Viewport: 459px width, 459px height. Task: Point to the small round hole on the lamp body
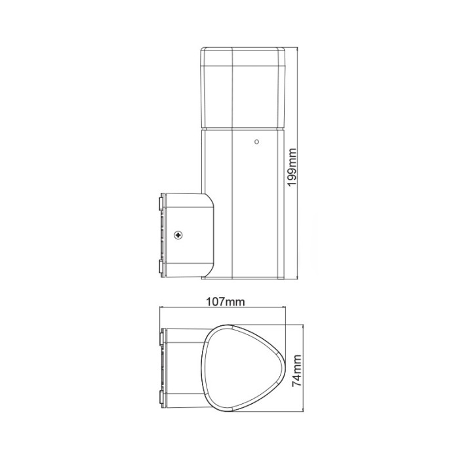pos(257,140)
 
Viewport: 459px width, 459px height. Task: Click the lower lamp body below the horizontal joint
pos(243,210)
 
